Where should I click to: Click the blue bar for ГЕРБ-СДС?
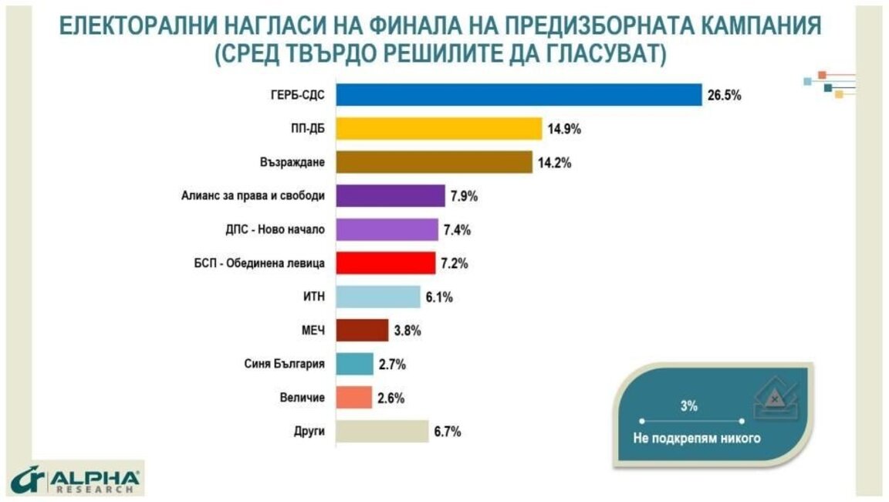[x=519, y=95]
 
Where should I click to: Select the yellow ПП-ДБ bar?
[x=439, y=129]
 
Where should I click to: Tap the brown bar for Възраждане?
[x=434, y=162]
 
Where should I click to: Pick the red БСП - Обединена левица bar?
[x=386, y=263]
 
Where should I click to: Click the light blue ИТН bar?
[x=378, y=297]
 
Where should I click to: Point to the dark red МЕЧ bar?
[x=362, y=330]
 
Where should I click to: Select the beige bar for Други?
[x=382, y=431]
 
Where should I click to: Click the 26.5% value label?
[x=724, y=95]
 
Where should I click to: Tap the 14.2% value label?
[x=555, y=164]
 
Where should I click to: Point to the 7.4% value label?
[x=457, y=230]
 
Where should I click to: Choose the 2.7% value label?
[x=392, y=365]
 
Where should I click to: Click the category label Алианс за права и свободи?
[x=253, y=195]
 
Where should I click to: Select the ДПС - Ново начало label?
[x=275, y=229]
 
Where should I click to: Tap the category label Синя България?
[x=284, y=365]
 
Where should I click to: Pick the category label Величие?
[x=303, y=398]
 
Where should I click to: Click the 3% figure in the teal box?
[x=689, y=406]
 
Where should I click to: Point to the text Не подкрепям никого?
[x=697, y=438]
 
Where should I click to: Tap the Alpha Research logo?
[x=76, y=480]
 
